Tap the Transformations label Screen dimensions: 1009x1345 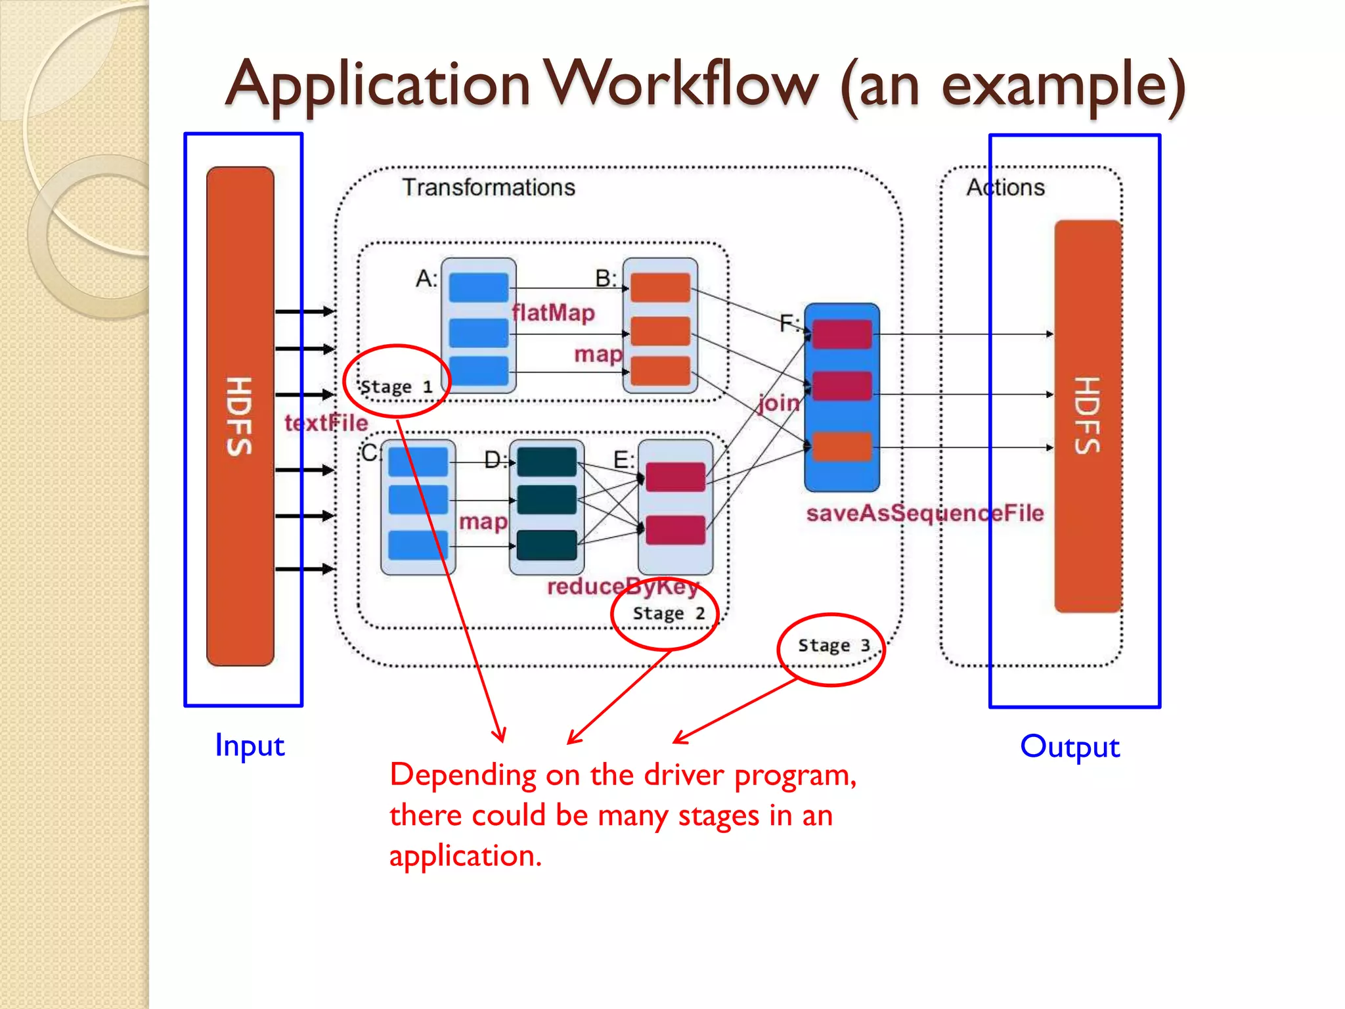(x=489, y=187)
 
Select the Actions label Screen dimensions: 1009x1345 (x=1005, y=187)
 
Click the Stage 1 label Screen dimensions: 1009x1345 (x=396, y=386)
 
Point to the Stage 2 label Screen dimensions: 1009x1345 (x=669, y=613)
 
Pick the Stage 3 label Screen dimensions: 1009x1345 (x=833, y=645)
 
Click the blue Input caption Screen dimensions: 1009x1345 (x=250, y=746)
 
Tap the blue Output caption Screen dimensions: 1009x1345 (x=1070, y=747)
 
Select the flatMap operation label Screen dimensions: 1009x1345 (x=554, y=313)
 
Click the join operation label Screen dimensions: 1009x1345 (x=779, y=402)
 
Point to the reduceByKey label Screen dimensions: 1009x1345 (x=623, y=586)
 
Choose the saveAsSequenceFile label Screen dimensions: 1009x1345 (x=925, y=513)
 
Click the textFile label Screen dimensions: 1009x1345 (x=326, y=423)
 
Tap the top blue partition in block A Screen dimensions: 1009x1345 (x=479, y=288)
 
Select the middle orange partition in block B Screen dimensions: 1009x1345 (x=660, y=330)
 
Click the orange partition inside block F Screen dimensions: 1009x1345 (x=841, y=447)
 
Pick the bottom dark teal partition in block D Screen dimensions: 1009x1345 (x=546, y=545)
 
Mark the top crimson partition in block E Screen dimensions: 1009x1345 (x=675, y=477)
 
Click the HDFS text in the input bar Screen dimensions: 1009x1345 (x=240, y=416)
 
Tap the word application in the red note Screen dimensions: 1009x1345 (x=465, y=856)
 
